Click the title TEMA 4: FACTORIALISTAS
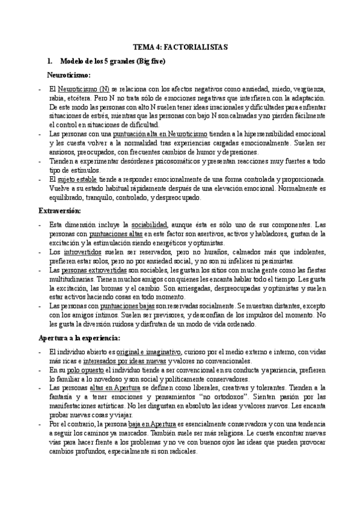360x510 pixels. coord(180,46)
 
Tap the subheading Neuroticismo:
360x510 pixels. coord(69,75)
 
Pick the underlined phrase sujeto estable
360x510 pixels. coord(82,179)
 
